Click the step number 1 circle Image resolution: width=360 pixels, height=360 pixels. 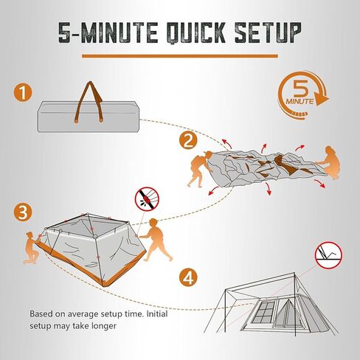pyautogui.click(x=23, y=93)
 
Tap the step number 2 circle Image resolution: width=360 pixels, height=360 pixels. pyautogui.click(x=188, y=141)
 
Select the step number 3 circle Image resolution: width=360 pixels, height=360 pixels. pyautogui.click(x=23, y=212)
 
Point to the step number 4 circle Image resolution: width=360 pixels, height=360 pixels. pyautogui.click(x=188, y=277)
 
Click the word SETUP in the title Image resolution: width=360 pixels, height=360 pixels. pyautogui.click(x=268, y=32)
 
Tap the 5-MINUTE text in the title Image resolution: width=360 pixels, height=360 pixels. pyautogui.click(x=108, y=32)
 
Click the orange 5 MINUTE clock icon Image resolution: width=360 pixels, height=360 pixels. pyautogui.click(x=303, y=95)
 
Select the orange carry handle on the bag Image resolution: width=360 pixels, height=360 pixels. pyautogui.click(x=89, y=102)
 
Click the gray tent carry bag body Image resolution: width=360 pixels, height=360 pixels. pyautogui.click(x=89, y=116)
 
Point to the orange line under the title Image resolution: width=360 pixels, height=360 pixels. pyautogui.click(x=180, y=56)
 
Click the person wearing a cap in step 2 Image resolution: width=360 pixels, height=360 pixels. pyautogui.click(x=200, y=169)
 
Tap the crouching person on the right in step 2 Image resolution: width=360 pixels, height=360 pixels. pyautogui.click(x=330, y=163)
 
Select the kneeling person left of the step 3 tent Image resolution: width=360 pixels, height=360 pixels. pyautogui.click(x=32, y=248)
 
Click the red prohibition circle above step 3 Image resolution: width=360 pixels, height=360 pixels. pyautogui.click(x=147, y=198)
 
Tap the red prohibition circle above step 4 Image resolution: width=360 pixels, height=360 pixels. pyautogui.click(x=329, y=255)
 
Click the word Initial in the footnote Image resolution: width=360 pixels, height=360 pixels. pyautogui.click(x=157, y=314)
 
